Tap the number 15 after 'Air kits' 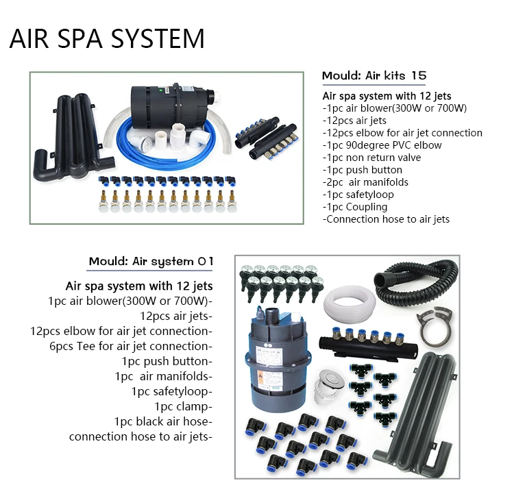click(x=419, y=75)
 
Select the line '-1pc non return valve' click(x=371, y=158)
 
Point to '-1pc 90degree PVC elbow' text click(x=382, y=145)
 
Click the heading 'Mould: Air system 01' click(x=151, y=261)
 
